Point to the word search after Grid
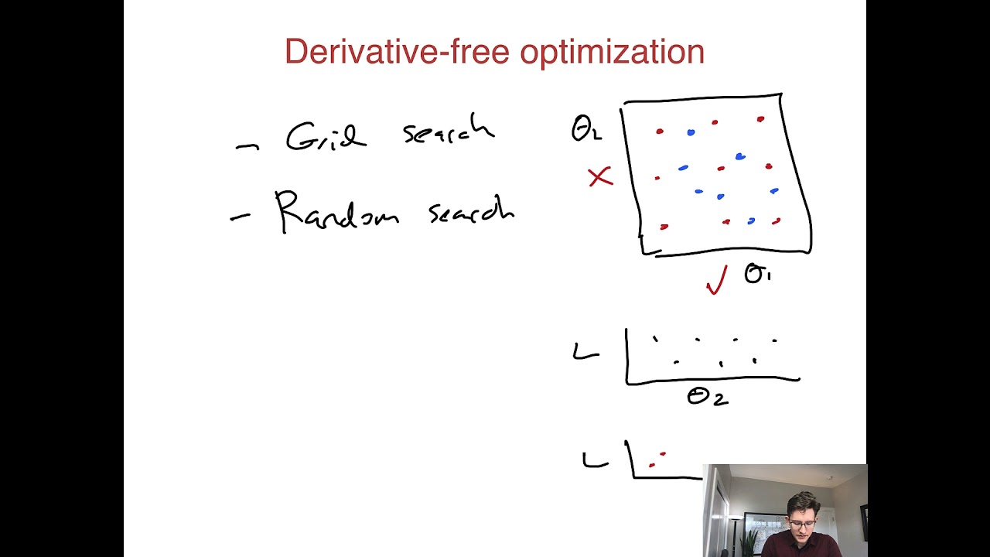[448, 132]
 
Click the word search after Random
[471, 210]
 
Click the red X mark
[600, 177]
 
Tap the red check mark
[717, 280]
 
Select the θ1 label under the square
[757, 274]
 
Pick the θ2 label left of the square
[585, 129]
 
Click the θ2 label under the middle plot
[707, 398]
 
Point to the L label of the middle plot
[585, 353]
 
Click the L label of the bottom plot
[595, 461]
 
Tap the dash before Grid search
[247, 146]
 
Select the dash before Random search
[240, 218]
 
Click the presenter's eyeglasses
[803, 524]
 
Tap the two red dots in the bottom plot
[657, 460]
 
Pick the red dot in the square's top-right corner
[760, 119]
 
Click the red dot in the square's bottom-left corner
[664, 227]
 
